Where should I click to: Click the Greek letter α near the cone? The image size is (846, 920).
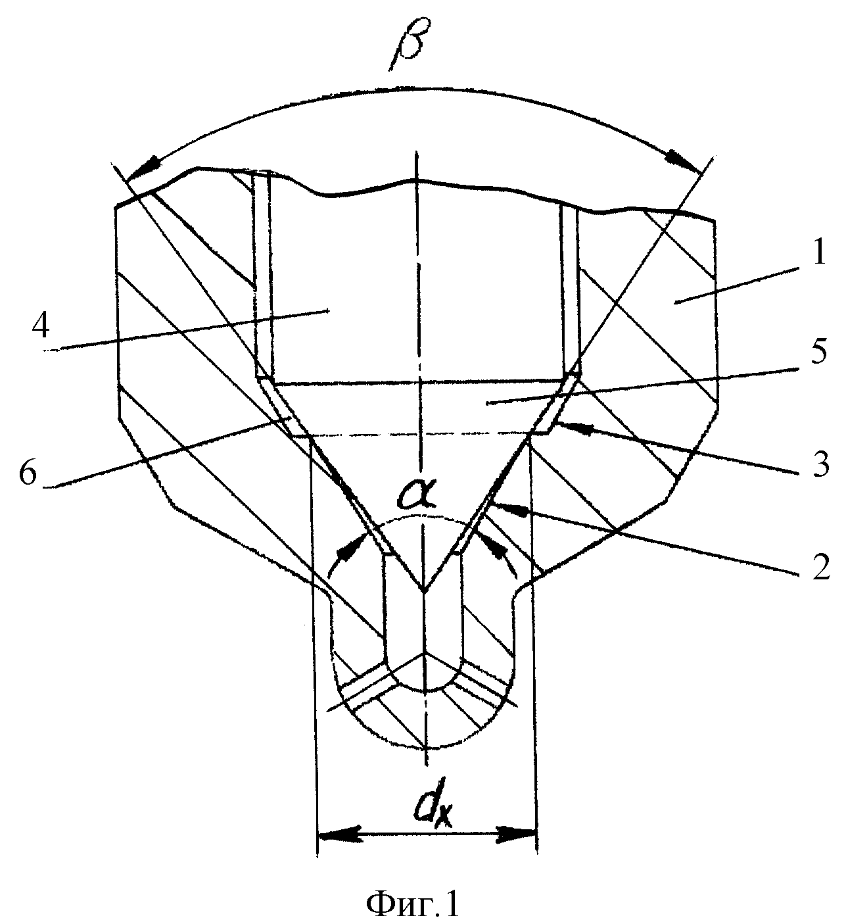(417, 494)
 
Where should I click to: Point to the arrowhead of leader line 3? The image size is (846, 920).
(571, 428)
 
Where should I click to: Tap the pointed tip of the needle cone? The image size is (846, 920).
(425, 592)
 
